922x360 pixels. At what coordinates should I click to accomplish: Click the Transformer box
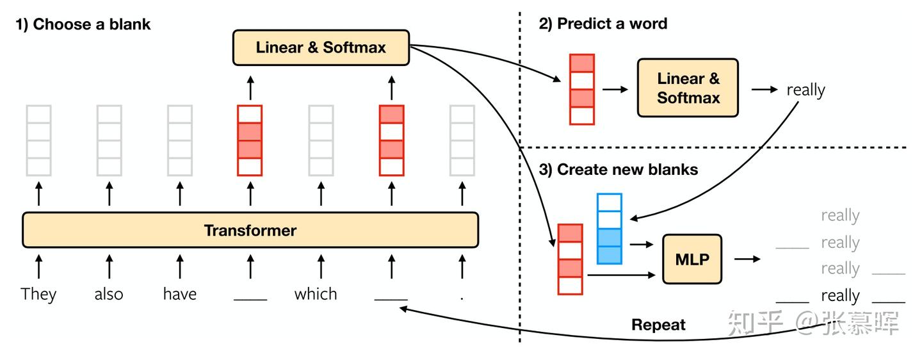coord(250,230)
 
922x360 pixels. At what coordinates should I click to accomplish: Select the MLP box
coord(692,259)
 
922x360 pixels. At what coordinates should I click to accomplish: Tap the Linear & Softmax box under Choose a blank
coord(321,47)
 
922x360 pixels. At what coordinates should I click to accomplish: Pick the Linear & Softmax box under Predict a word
coord(688,88)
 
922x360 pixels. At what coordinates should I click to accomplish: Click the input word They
coord(38,295)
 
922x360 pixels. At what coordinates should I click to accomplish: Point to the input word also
coord(109,294)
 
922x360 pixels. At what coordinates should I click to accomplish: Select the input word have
coord(180,294)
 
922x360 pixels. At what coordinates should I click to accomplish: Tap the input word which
coord(316,294)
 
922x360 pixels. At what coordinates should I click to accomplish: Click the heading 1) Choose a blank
coord(83,24)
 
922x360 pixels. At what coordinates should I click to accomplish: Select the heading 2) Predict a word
coord(603,24)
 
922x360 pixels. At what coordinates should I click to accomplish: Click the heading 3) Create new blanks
coord(619,169)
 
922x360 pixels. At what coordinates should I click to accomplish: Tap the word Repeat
coord(658,325)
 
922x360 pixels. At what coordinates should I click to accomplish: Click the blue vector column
coord(609,229)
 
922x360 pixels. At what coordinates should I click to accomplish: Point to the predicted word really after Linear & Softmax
coord(806,90)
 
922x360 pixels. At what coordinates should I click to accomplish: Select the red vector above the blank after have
coord(250,140)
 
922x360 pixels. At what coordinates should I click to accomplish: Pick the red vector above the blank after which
coord(391,140)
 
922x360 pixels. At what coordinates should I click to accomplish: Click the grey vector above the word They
coord(38,140)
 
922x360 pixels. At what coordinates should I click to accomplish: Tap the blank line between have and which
coord(250,299)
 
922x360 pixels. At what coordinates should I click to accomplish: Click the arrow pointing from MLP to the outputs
coord(747,259)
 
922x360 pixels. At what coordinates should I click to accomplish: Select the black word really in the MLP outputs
coord(840,296)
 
